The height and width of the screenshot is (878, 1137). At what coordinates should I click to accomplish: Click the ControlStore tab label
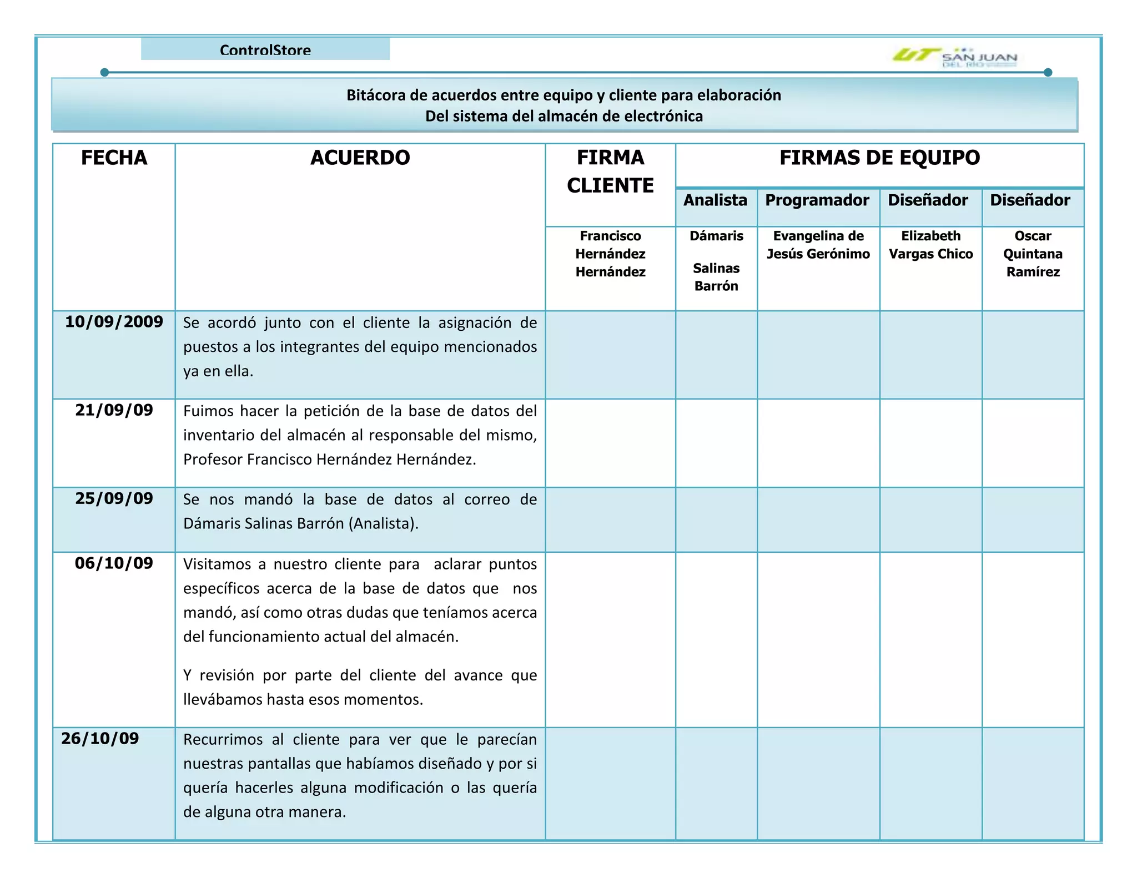pyautogui.click(x=265, y=50)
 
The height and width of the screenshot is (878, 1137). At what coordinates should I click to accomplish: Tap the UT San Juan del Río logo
pyautogui.click(x=954, y=57)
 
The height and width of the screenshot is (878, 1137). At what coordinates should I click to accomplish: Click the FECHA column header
pyautogui.click(x=114, y=158)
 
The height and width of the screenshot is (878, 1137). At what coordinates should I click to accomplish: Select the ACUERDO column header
pyautogui.click(x=360, y=158)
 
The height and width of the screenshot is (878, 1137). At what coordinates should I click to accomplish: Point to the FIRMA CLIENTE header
pyautogui.click(x=610, y=171)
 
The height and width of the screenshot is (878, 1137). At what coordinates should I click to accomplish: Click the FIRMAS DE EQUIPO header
pyautogui.click(x=879, y=158)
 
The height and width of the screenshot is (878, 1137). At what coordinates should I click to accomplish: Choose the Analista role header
pyautogui.click(x=715, y=200)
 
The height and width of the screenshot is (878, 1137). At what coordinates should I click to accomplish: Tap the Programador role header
pyautogui.click(x=817, y=200)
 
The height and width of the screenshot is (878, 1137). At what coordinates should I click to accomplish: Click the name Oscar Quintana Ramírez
pyautogui.click(x=1033, y=254)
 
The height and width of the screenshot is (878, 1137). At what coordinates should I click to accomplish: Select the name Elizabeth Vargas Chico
pyautogui.click(x=930, y=245)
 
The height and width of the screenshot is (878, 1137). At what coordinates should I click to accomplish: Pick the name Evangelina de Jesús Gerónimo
pyautogui.click(x=818, y=245)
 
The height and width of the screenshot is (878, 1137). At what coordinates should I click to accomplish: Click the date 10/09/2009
pyautogui.click(x=114, y=322)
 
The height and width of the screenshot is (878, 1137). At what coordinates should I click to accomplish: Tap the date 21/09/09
pyautogui.click(x=114, y=410)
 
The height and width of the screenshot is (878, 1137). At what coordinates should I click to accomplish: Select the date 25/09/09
pyautogui.click(x=114, y=498)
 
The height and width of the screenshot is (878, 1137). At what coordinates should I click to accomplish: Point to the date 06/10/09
pyautogui.click(x=114, y=563)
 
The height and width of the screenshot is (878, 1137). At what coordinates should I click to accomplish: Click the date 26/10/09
pyautogui.click(x=100, y=739)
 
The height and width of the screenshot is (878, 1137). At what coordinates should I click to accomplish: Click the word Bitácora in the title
pyautogui.click(x=376, y=95)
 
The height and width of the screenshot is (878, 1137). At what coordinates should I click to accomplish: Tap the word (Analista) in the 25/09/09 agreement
pyautogui.click(x=384, y=523)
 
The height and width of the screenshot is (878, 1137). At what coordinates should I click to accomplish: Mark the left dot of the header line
pyautogui.click(x=104, y=73)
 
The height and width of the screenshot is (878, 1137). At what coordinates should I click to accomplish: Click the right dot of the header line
pyautogui.click(x=1048, y=73)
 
